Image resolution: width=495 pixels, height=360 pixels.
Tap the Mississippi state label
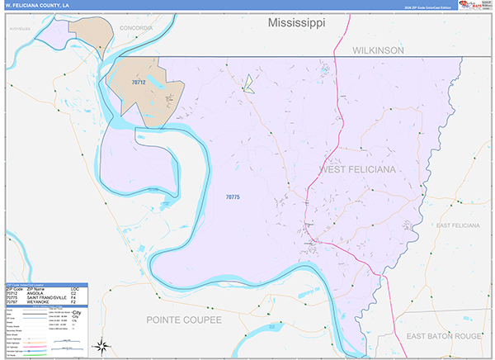(x=296, y=23)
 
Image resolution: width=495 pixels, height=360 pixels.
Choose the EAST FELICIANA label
(x=460, y=225)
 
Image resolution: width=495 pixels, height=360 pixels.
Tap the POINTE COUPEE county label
(x=197, y=319)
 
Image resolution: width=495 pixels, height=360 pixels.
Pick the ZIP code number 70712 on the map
(x=139, y=82)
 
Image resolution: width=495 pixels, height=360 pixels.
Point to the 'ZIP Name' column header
(x=36, y=287)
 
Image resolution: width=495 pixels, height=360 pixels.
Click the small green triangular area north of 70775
(x=247, y=82)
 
